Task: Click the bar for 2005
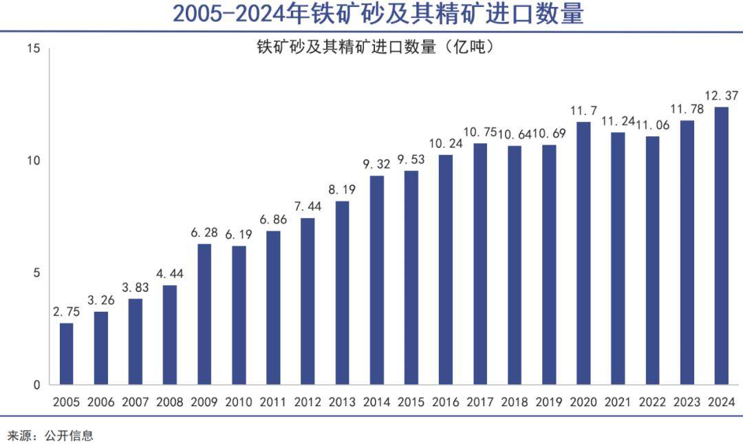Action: click(66, 354)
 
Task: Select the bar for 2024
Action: click(722, 246)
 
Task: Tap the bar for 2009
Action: click(204, 314)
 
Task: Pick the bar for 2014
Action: click(376, 280)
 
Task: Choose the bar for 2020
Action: click(583, 253)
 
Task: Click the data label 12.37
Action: click(721, 94)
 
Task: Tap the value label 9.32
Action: click(376, 164)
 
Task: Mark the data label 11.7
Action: click(583, 109)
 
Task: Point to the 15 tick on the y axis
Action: click(34, 49)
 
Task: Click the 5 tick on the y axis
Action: click(38, 273)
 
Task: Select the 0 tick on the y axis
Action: click(38, 385)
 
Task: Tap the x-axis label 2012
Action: click(308, 402)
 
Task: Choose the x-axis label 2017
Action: click(480, 402)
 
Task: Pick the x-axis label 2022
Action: click(652, 402)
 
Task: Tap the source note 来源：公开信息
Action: click(50, 435)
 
